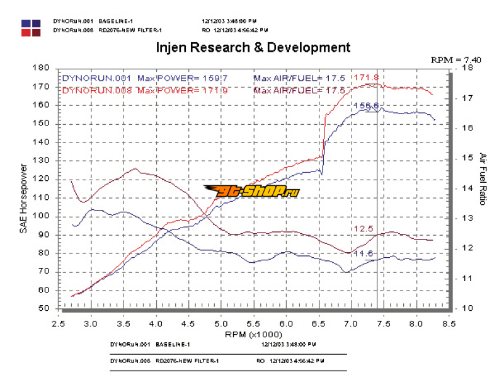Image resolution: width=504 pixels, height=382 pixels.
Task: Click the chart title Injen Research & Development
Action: coord(253,47)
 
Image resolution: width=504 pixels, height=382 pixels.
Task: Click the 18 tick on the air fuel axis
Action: coord(467,68)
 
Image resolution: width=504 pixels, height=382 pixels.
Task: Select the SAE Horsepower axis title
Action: coord(23,199)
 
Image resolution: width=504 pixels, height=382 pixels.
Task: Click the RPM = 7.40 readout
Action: coord(455,59)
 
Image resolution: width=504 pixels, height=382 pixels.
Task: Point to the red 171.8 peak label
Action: coord(367,78)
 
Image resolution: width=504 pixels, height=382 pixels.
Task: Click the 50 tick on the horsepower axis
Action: coord(44,308)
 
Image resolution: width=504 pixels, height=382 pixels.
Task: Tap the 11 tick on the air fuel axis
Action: coord(467,278)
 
